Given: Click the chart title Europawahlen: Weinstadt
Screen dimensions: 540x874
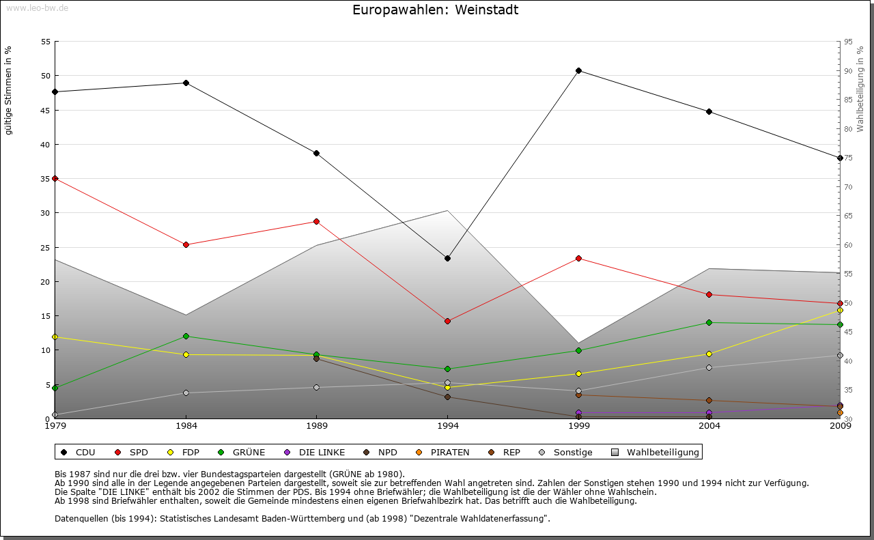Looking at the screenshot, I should (x=435, y=10).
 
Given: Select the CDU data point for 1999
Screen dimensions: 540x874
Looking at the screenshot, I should (x=578, y=70).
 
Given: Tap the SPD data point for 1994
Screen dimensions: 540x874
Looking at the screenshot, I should (x=447, y=321).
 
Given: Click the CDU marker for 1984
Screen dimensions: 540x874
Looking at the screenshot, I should (x=186, y=83).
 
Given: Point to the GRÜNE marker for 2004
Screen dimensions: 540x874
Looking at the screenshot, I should (x=709, y=322).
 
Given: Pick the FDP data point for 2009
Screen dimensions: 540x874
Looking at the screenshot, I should (x=840, y=310).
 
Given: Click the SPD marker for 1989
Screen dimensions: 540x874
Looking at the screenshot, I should (x=316, y=221).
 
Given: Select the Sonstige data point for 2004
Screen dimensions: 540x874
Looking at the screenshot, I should (x=709, y=367).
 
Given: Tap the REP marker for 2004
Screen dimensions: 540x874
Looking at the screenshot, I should (x=709, y=400).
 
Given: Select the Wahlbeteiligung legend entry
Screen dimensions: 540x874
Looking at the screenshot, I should (x=655, y=452).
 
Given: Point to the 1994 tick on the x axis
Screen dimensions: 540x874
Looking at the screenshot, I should (x=447, y=427).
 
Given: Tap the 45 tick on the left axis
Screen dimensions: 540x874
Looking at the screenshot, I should (x=46, y=111).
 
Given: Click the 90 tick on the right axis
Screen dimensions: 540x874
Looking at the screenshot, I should (x=848, y=71).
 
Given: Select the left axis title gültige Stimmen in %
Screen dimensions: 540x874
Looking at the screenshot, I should (x=9, y=90).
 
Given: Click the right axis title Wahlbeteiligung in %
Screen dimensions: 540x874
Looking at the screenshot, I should (x=860, y=89).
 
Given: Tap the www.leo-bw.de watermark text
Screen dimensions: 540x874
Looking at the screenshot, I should (x=37, y=8).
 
